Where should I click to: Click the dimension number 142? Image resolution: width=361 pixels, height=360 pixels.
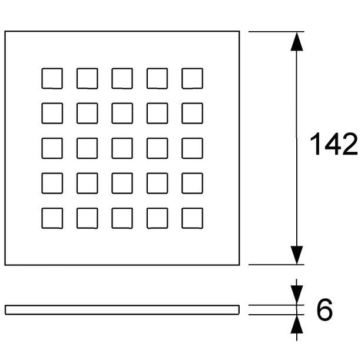tap(333, 144)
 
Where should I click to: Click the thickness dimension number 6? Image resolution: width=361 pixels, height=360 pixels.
tap(324, 309)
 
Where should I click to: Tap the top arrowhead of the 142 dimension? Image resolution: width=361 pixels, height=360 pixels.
tap(297, 42)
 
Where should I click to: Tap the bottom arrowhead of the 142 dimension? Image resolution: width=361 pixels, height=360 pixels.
tap(297, 255)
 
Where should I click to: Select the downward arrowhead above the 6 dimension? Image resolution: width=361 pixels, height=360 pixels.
tap(297, 295)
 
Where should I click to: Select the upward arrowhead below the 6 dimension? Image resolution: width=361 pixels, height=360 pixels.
tap(297, 324)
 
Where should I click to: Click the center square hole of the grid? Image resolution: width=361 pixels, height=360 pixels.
tap(122, 148)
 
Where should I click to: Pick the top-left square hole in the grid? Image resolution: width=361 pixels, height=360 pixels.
tap(52, 78)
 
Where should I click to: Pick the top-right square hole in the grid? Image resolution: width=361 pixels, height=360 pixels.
tap(192, 78)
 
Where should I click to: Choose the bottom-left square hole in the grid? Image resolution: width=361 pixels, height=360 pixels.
tap(52, 218)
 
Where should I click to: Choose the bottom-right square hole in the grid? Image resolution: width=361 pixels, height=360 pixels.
tap(192, 218)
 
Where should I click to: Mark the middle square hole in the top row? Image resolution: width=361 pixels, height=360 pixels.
tap(122, 78)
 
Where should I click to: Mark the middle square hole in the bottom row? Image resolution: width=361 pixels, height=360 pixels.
tap(122, 218)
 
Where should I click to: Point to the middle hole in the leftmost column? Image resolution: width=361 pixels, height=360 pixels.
tap(52, 148)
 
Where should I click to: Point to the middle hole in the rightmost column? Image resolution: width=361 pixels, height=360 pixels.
tap(192, 148)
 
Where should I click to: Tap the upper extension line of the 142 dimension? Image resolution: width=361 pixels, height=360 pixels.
tap(276, 32)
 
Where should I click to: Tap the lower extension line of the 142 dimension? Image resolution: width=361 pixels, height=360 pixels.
tap(276, 265)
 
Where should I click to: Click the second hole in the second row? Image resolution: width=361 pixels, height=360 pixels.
tap(87, 113)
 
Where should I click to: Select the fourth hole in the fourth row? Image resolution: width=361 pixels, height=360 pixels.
tap(157, 183)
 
